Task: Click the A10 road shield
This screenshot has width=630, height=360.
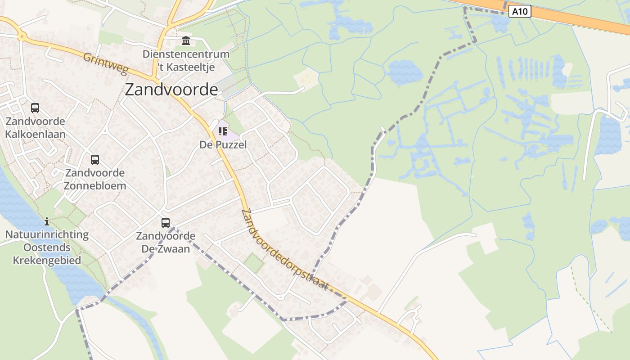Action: pos(520,11)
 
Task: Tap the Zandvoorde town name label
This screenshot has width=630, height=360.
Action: pos(171,90)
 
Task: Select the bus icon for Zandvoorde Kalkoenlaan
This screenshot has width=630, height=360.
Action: pos(35,108)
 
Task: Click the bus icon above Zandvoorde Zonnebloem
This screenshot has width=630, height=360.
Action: pos(95,159)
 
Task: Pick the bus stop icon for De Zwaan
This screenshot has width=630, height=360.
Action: pos(166,222)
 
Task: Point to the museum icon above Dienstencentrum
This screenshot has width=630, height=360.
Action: pos(186,41)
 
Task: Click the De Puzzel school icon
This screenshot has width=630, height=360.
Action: pos(222,131)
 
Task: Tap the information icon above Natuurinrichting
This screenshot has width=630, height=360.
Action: pos(47,221)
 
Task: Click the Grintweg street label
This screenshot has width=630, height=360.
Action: pos(106,64)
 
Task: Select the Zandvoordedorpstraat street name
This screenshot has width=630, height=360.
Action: pos(284,250)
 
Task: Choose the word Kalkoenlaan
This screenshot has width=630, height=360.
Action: pos(35,134)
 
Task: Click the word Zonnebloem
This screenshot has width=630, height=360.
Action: pos(95,185)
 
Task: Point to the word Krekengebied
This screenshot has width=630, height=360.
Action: pos(47,260)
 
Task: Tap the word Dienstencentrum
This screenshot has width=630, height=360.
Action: pos(186,54)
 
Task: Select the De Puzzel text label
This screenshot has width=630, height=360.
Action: pos(223,144)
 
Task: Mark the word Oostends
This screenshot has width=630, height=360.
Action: pos(47,247)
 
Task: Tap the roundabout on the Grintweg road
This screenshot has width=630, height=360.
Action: pos(21,36)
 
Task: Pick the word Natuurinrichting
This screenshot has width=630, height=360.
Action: pos(47,234)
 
